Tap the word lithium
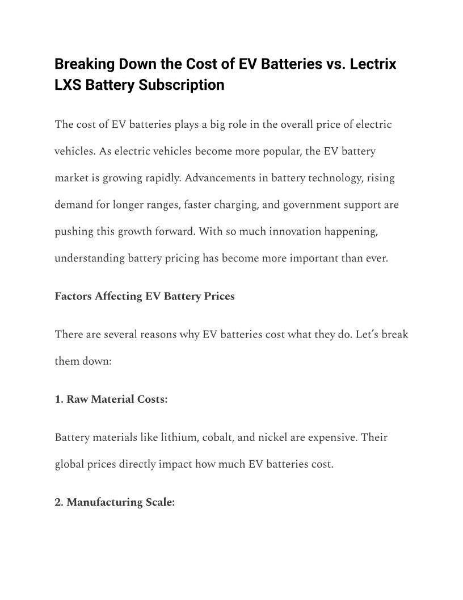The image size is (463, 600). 172,438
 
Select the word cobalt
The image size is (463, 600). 214,438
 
